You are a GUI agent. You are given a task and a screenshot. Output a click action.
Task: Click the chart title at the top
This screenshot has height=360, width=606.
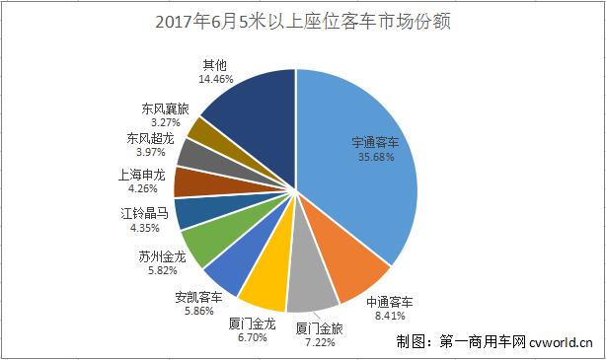303,21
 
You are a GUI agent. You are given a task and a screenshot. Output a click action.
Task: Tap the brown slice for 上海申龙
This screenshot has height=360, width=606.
189,181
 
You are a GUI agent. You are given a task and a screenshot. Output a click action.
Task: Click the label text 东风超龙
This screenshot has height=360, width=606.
152,139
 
